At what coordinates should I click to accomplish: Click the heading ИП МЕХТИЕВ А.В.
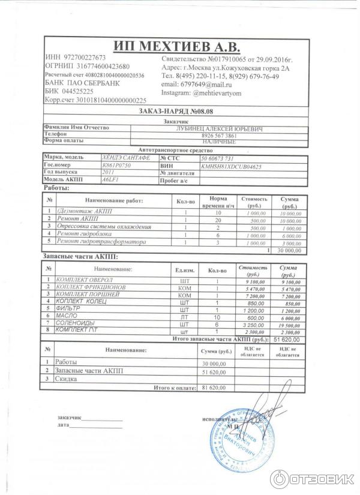[176, 46]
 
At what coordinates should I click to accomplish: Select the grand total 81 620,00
[214, 388]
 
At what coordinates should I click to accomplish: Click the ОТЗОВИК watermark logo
[311, 479]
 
